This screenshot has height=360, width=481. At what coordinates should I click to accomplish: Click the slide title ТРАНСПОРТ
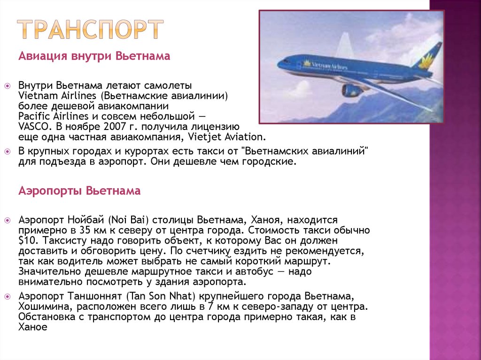coord(91,30)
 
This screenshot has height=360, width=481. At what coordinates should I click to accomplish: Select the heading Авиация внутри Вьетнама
coord(94,57)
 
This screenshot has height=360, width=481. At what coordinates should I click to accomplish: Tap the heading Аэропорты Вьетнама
coord(79,191)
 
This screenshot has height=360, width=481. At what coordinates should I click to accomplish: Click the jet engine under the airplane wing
coord(351,90)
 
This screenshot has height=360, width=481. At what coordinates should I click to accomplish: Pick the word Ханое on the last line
coord(33,328)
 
